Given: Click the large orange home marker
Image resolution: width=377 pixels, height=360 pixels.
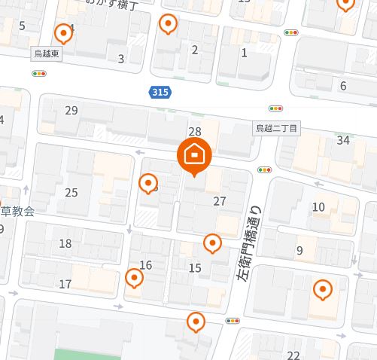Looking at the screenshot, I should (194, 155).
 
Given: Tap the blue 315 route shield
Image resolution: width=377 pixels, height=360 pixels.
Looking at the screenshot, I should (159, 92).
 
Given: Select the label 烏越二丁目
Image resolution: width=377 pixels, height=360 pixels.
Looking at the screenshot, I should (276, 129).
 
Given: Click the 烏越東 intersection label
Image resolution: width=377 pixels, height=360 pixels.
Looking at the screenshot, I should (50, 54).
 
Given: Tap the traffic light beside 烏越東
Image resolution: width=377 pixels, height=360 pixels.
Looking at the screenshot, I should (38, 73).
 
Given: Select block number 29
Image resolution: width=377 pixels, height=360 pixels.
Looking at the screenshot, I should (71, 111).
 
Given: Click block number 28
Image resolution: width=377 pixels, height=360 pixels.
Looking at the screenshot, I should (195, 132).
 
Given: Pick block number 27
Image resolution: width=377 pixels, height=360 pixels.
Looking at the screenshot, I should (220, 201).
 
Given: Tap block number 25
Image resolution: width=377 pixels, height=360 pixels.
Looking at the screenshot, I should (71, 193).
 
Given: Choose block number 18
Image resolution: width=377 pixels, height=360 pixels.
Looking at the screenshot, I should (65, 243).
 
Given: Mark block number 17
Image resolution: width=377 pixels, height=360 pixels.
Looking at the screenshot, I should (65, 284).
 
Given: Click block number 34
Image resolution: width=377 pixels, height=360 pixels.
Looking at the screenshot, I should (343, 139).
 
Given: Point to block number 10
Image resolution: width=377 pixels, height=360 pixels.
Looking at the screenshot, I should (318, 207).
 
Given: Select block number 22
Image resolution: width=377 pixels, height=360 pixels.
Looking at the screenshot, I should (293, 355).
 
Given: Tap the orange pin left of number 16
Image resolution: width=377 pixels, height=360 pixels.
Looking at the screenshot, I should (134, 278).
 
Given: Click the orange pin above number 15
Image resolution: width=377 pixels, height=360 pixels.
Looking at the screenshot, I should (213, 243).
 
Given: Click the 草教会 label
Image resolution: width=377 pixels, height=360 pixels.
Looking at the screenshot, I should (17, 212).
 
